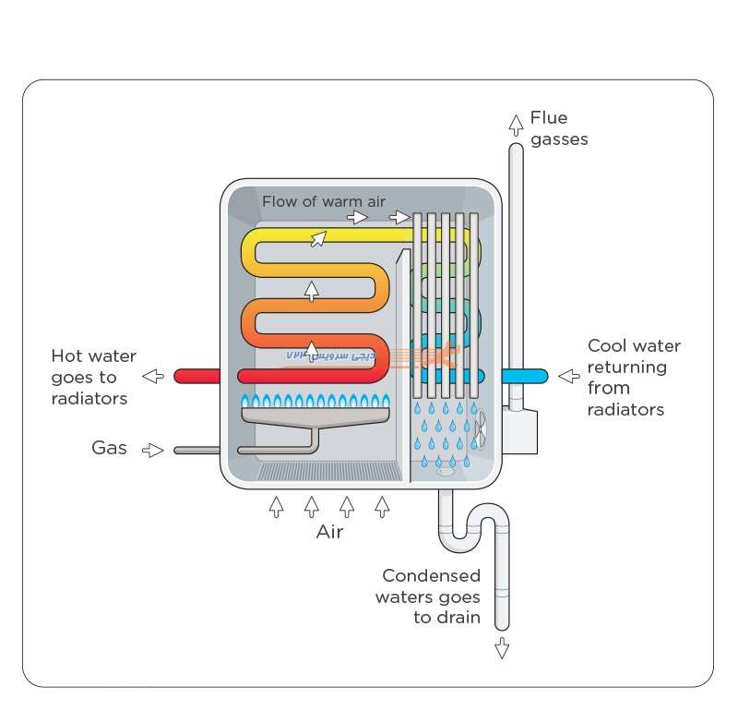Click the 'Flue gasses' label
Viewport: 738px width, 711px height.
coord(559,128)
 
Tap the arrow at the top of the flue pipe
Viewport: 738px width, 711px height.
coord(516,123)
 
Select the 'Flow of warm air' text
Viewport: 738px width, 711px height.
coord(324,201)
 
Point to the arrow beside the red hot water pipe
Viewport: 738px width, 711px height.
coord(154,376)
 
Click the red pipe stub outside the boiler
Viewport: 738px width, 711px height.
coord(196,376)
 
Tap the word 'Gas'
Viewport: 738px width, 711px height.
coord(109,448)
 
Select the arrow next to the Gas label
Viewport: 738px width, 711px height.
coord(153,450)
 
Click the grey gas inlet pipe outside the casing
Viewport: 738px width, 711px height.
coord(196,451)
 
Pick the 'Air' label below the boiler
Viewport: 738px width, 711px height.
coord(329,532)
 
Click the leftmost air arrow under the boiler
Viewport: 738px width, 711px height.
coord(276,506)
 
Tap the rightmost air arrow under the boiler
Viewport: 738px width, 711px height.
coord(382,506)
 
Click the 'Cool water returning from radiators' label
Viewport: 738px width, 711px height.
coord(634,377)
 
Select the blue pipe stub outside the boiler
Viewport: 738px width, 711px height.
coord(525,376)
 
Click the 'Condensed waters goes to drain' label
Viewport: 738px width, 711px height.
coord(431,597)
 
